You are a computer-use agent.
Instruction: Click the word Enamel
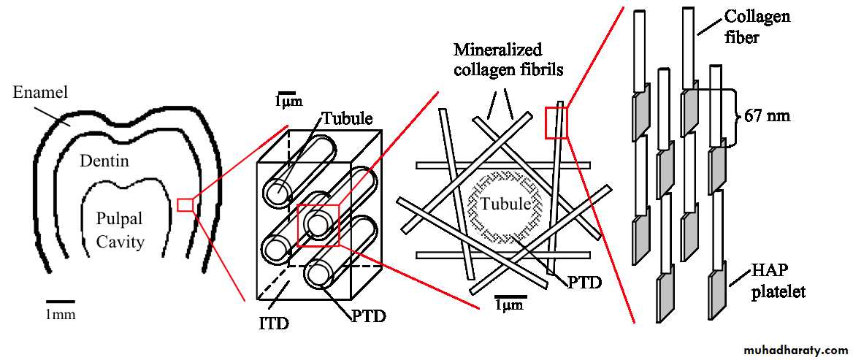(x=40, y=93)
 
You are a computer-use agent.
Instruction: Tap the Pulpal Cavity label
(x=121, y=230)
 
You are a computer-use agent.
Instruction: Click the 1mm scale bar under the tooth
(x=61, y=301)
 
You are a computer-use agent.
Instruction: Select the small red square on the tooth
(x=185, y=204)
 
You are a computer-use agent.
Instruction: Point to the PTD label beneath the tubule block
(x=368, y=317)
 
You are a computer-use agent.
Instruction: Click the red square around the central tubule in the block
(x=318, y=226)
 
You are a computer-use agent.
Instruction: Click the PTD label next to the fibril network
(x=584, y=282)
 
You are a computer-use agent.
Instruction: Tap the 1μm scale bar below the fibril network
(x=508, y=299)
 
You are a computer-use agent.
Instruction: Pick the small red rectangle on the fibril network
(x=556, y=122)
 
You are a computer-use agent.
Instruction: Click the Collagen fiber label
(x=757, y=26)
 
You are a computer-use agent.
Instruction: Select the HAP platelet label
(x=779, y=282)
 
